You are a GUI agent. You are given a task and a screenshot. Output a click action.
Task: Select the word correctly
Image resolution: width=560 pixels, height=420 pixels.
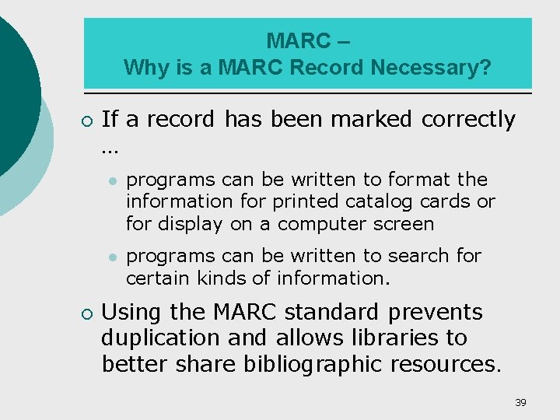pyautogui.click(x=468, y=119)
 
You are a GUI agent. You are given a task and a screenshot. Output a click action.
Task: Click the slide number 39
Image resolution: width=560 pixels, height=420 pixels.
pyautogui.click(x=520, y=402)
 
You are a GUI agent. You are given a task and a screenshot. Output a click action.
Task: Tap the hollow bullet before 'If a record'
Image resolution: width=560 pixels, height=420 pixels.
pyautogui.click(x=86, y=121)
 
